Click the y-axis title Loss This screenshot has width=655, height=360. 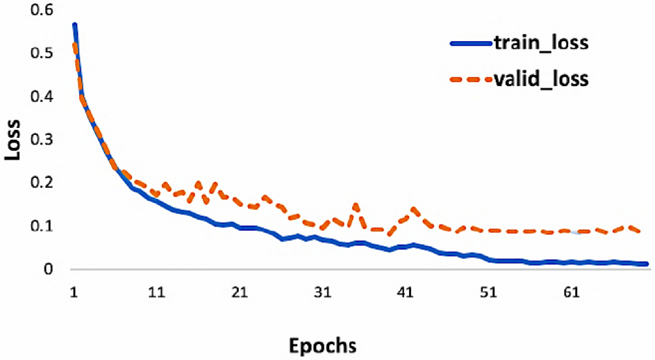point(15,139)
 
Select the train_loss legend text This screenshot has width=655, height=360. point(541,44)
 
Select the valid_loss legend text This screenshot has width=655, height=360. point(541,79)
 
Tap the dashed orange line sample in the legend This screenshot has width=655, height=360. point(470,79)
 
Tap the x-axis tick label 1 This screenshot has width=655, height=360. point(74,294)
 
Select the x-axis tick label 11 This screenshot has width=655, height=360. point(157,294)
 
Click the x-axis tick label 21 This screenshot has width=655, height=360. point(240,294)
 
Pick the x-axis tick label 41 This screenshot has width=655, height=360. point(405,294)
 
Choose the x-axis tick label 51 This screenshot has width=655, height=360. point(488,294)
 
